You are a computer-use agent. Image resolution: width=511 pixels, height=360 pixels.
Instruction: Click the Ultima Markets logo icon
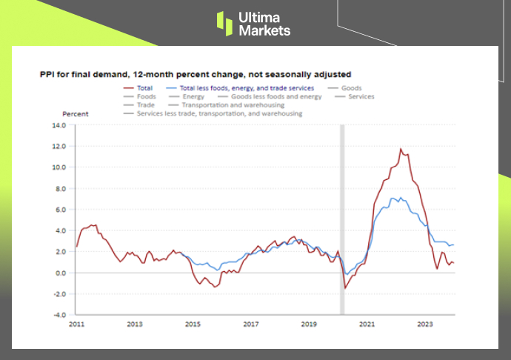pos(224,22)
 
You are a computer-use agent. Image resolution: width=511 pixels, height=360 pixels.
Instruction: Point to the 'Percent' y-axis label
pos(75,114)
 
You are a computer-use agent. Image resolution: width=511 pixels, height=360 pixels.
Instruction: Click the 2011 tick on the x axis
pos(77,324)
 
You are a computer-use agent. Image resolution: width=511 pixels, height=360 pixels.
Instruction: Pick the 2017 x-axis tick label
pos(250,324)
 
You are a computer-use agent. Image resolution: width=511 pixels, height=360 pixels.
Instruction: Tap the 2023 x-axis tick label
pos(425,324)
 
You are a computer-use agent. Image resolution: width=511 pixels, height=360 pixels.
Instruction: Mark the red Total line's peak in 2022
pos(401,149)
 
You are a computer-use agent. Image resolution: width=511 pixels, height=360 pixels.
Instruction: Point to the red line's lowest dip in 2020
pos(344,288)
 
